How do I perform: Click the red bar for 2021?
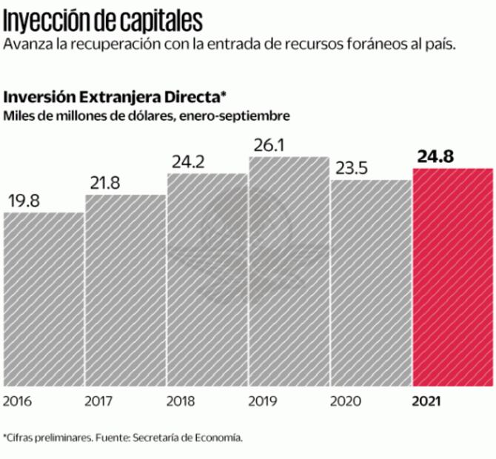tap(452, 278)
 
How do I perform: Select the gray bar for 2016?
tap(44, 299)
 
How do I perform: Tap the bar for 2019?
tap(289, 272)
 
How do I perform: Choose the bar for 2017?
tap(126, 290)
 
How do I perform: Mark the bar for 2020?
tap(370, 283)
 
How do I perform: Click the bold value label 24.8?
tap(436, 155)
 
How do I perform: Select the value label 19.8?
tap(25, 200)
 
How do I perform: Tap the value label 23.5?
tap(352, 167)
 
